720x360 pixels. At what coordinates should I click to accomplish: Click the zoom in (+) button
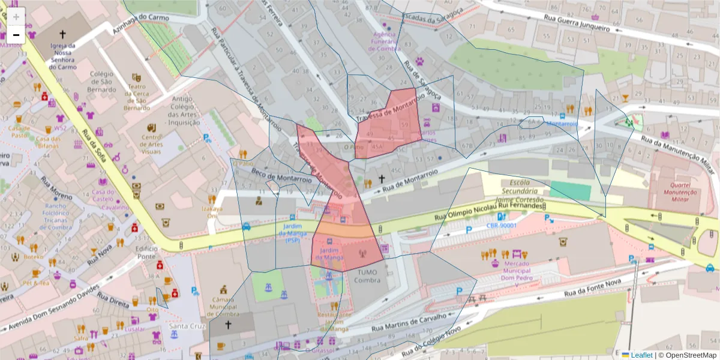coord(16,16)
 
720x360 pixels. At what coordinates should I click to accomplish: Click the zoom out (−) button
coord(16,35)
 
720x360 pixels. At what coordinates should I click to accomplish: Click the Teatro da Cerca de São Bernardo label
coord(136,97)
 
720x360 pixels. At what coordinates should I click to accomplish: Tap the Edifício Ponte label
coord(146,253)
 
